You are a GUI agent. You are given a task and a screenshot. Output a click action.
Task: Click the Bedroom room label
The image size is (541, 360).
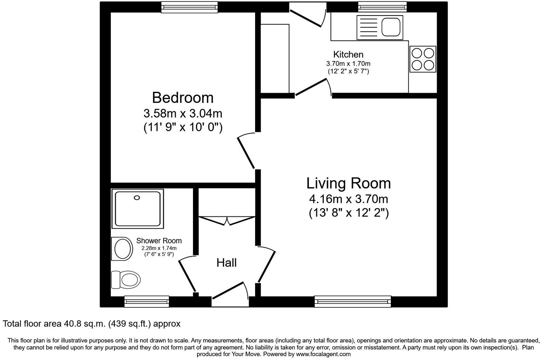tap(182, 98)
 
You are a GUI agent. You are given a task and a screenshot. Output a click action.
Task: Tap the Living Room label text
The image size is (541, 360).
tap(348, 184)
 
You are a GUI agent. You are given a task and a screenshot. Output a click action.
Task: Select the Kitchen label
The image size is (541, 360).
tap(348, 54)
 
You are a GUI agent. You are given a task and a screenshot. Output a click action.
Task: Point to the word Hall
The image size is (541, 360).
tap(226, 263)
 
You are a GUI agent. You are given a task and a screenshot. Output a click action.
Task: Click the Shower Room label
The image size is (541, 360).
tap(159, 241)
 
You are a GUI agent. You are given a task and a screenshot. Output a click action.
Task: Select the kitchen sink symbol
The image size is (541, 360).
tap(380, 27)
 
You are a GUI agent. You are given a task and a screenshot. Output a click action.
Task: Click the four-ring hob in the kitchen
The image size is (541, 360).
tap(423, 59)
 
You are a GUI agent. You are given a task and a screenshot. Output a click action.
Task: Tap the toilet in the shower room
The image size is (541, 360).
tap(126, 280)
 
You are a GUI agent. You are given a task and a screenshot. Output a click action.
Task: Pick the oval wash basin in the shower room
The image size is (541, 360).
tap(121, 249)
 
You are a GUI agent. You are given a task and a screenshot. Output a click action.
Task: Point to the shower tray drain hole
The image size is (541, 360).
tap(137, 198)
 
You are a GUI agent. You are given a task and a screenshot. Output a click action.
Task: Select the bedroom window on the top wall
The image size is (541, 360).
tap(189, 7)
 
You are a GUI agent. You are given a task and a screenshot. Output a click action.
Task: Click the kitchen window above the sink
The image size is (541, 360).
tap(382, 7)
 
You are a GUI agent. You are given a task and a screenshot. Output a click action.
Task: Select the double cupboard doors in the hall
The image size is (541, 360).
tap(227, 221)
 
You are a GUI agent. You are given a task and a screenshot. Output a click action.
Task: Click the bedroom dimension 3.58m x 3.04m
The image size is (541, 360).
tap(182, 114)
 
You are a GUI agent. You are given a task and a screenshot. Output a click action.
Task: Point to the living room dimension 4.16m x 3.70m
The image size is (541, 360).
tap(348, 199)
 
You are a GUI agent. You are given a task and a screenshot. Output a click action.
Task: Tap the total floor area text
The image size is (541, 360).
tap(92, 324)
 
